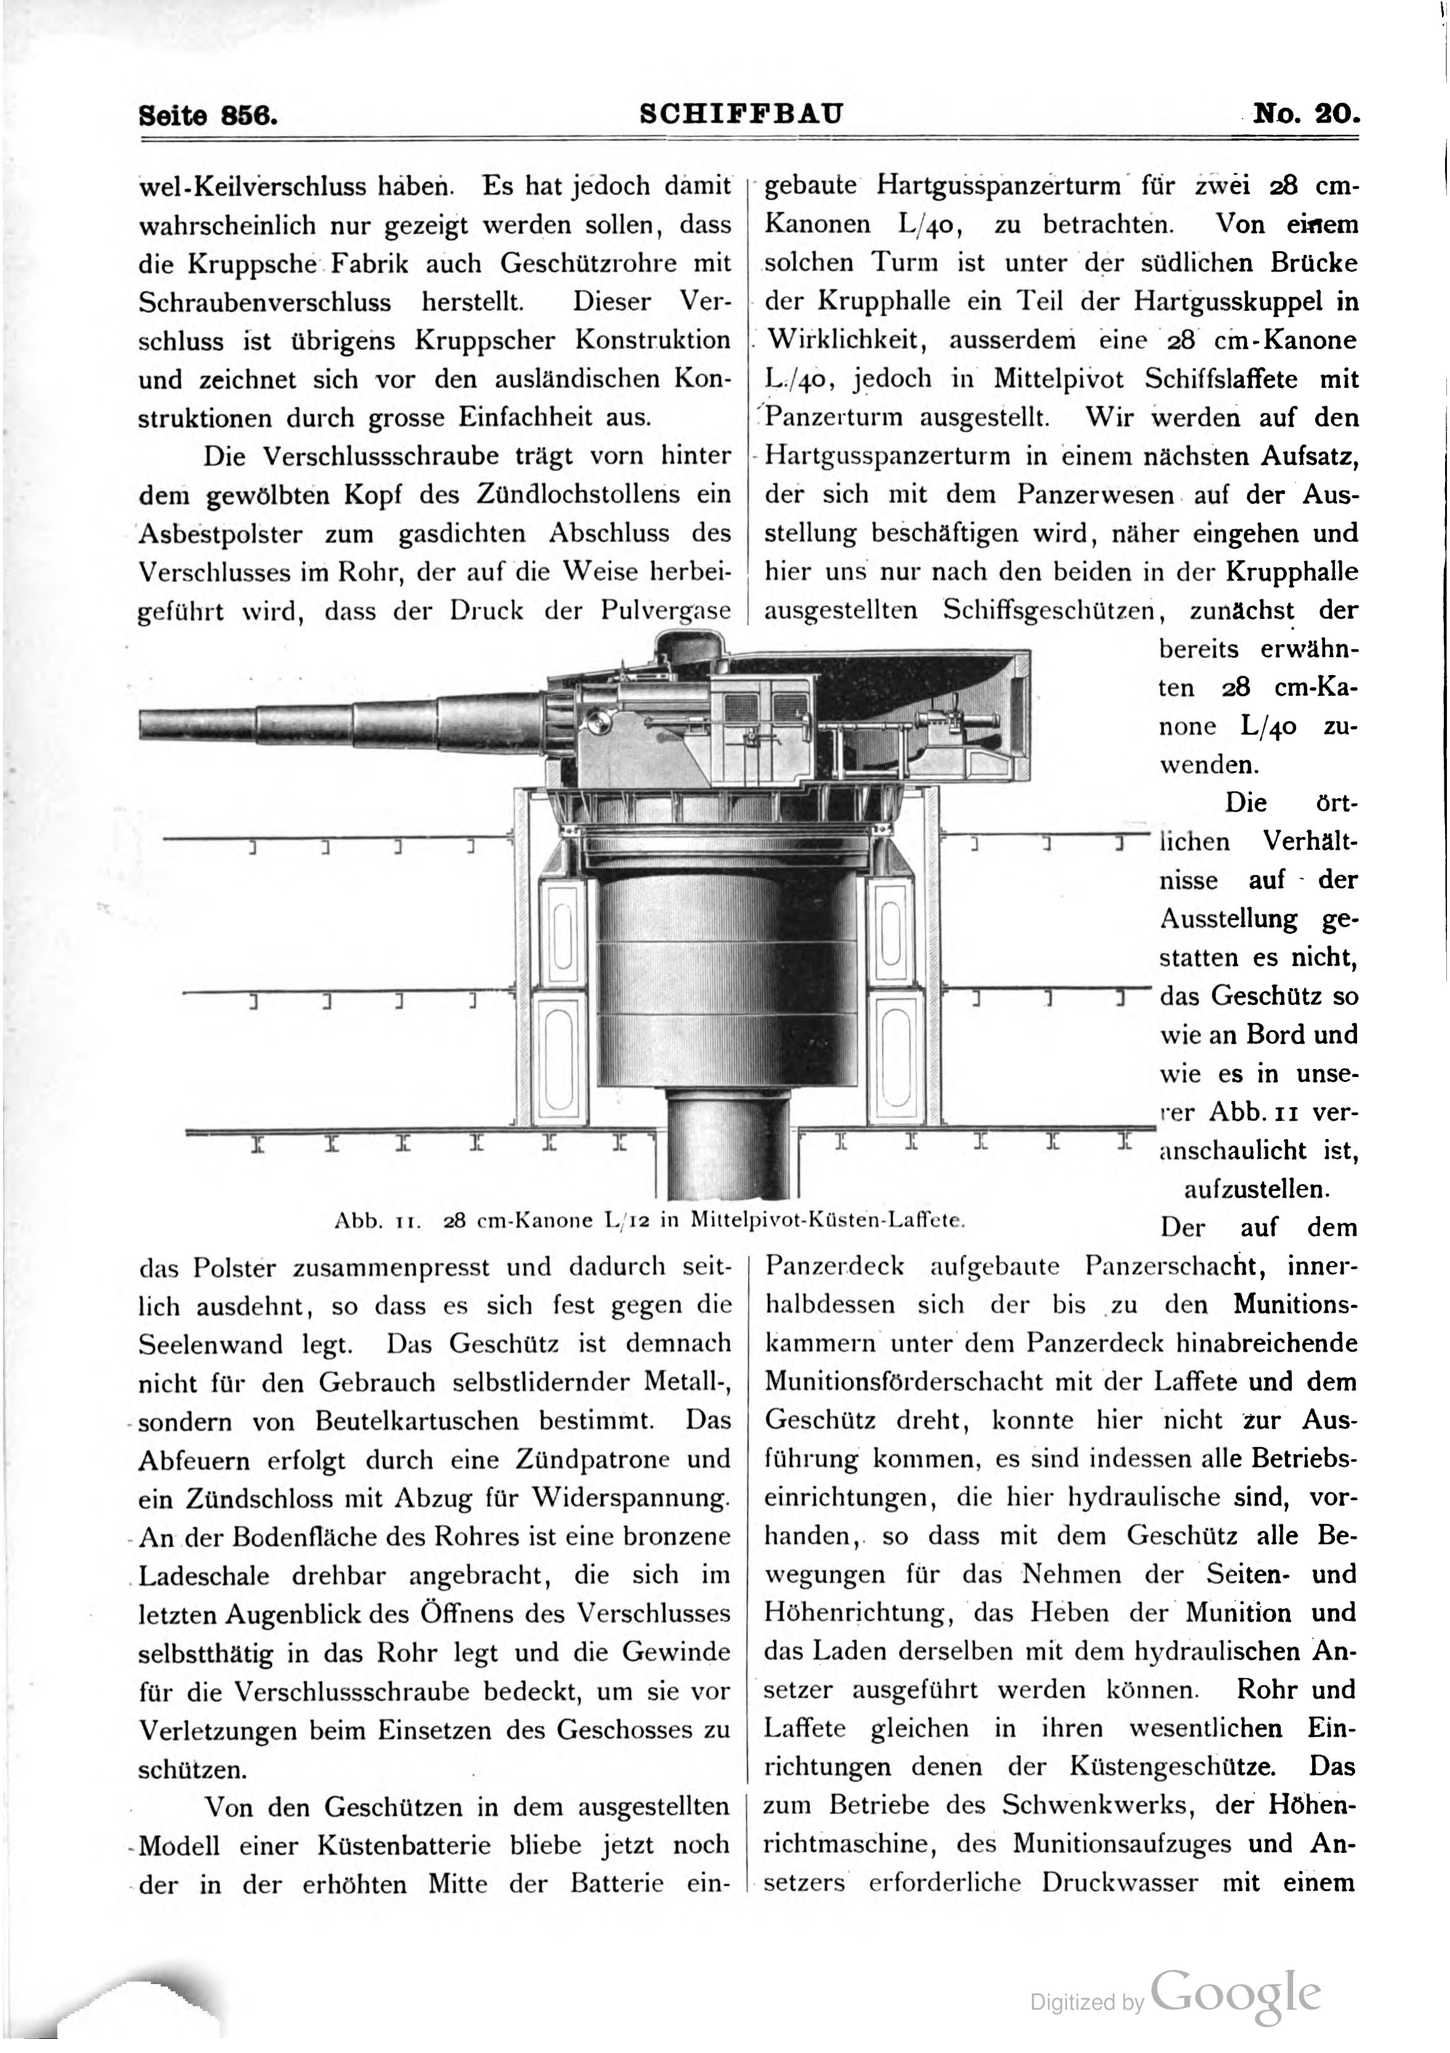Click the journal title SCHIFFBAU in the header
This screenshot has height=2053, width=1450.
point(741,115)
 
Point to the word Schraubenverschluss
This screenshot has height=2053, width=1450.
point(265,302)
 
